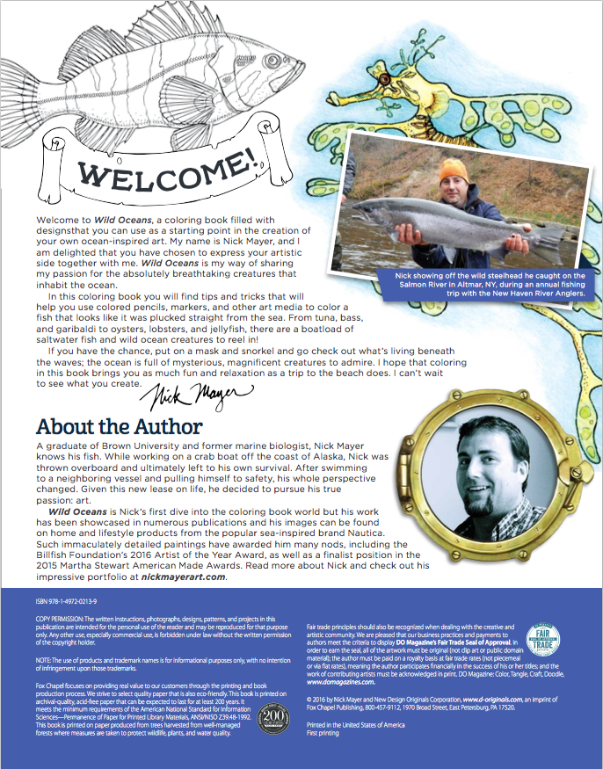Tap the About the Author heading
pos(120,427)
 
